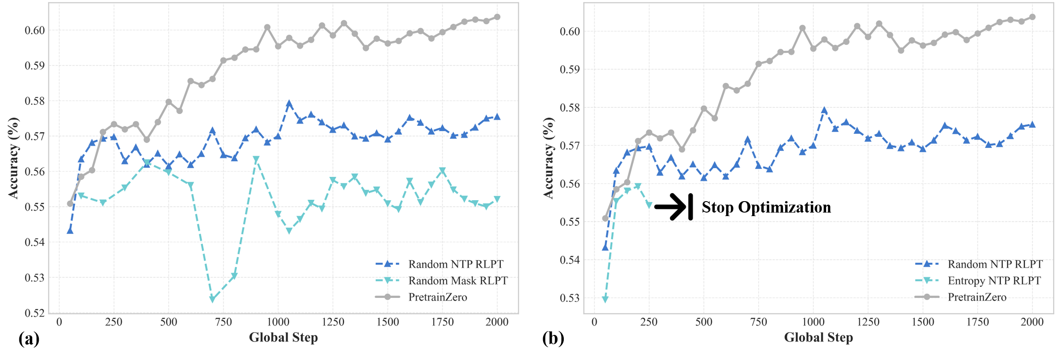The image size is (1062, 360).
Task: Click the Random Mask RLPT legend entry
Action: (458, 281)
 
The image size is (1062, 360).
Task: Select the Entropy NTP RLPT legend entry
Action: (994, 281)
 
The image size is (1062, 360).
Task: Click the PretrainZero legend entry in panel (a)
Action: (437, 297)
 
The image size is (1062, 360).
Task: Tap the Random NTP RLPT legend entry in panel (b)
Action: (995, 264)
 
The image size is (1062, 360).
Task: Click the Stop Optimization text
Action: (766, 207)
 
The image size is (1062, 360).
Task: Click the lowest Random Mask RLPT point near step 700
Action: (213, 299)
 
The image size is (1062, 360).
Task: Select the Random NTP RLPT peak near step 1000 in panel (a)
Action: (289, 104)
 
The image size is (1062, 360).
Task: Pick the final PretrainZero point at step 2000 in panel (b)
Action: (1032, 17)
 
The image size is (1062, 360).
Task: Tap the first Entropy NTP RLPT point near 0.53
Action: (605, 299)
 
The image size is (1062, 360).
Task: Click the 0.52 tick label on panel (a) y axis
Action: (34, 313)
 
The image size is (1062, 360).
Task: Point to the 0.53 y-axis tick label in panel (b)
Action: (569, 298)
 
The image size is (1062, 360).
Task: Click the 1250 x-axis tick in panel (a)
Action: (333, 322)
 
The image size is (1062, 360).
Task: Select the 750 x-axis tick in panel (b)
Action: (758, 322)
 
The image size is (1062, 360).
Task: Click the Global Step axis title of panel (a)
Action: (283, 338)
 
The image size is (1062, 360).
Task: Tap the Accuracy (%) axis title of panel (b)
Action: (548, 158)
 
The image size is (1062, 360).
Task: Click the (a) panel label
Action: (29, 339)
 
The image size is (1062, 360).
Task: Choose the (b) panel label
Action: (553, 339)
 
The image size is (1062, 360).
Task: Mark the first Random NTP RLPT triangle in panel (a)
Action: (70, 231)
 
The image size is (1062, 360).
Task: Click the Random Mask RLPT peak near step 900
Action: (256, 159)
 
